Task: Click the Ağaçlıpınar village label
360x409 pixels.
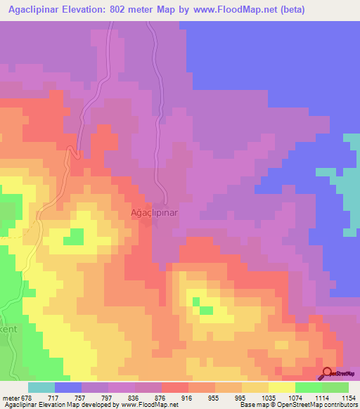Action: point(154,212)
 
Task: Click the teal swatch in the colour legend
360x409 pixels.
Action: point(41,387)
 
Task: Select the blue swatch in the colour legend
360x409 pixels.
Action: point(68,387)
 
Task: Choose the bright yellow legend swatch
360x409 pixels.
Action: point(281,387)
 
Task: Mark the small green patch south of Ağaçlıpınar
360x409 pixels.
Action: point(206,309)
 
